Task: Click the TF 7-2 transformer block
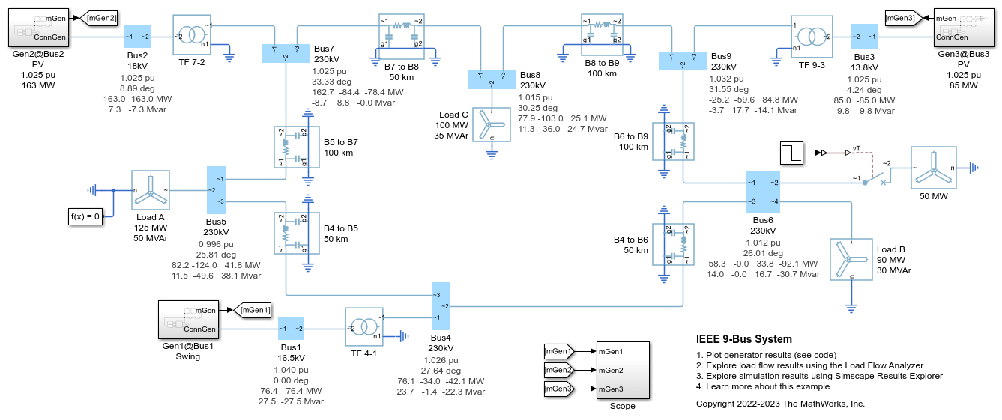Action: [193, 35]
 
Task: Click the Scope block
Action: [622, 369]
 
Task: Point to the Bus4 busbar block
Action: [441, 306]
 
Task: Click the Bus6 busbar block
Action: [762, 192]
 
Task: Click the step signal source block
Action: [793, 153]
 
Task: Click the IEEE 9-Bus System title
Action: [743, 339]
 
